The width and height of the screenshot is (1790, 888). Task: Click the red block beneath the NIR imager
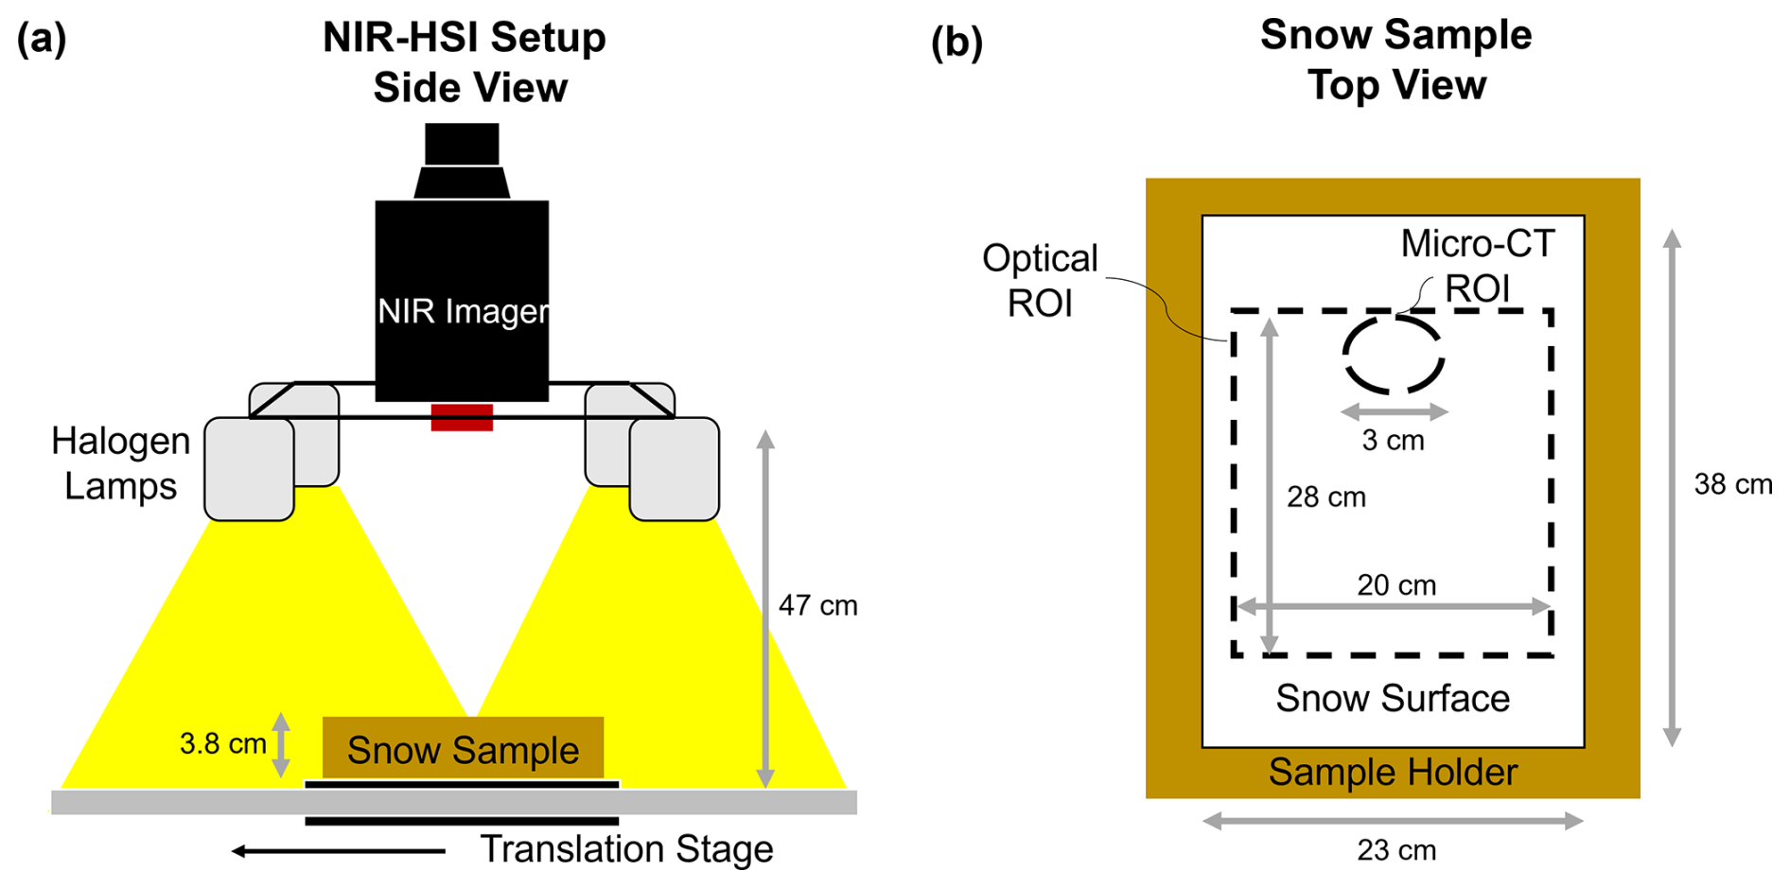462,418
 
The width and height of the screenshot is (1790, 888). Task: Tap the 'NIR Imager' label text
463,311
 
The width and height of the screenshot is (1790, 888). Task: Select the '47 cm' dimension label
817,605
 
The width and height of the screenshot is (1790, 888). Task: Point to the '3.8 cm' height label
223,744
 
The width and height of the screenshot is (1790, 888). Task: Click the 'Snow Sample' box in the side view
463,749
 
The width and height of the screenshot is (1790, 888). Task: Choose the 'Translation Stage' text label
626,849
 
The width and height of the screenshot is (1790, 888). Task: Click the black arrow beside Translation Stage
339,851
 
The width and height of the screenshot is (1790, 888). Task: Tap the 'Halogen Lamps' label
120,463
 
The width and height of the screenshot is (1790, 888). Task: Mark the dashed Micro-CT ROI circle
1394,355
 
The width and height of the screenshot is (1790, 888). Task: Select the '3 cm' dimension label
1393,441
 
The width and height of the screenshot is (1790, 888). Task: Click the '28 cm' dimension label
1325,497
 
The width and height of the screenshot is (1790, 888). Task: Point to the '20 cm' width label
1396,585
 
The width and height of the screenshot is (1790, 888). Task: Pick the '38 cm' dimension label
1732,484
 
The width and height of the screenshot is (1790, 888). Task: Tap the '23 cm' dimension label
1396,851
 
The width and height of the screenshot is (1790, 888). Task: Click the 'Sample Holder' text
1393,773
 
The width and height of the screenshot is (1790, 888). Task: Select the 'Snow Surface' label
1393,699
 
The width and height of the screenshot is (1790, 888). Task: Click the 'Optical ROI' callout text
1040,281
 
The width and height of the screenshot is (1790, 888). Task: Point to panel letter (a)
42,40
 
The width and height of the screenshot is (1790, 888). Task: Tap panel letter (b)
956,43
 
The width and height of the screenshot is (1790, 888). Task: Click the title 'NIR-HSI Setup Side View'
465,62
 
